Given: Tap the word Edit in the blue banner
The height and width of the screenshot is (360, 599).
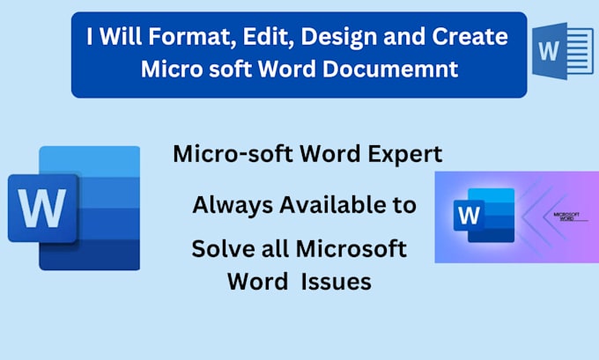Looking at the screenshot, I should [253, 37].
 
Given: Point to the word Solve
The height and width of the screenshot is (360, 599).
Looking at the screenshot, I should [218, 249].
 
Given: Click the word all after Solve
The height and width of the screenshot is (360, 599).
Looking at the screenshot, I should [270, 249].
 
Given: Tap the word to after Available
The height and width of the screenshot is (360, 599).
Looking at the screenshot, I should [404, 207].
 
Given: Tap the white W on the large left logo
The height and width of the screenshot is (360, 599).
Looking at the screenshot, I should [41, 209].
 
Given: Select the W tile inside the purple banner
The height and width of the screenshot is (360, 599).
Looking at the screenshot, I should [470, 214].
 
